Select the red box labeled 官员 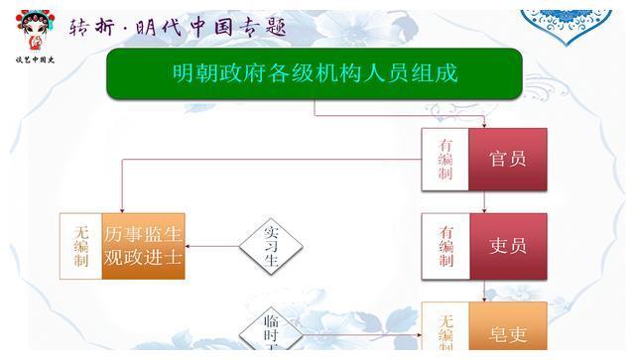507,159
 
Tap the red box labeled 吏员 507,246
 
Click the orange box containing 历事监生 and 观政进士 143,246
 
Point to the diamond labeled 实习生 270,246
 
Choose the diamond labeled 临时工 270,334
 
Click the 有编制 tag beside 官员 445,159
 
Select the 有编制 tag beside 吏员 445,246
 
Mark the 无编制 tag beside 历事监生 80,246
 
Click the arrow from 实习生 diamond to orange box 210,246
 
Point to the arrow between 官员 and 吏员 484,202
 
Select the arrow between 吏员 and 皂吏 484,290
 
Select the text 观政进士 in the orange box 143,259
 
